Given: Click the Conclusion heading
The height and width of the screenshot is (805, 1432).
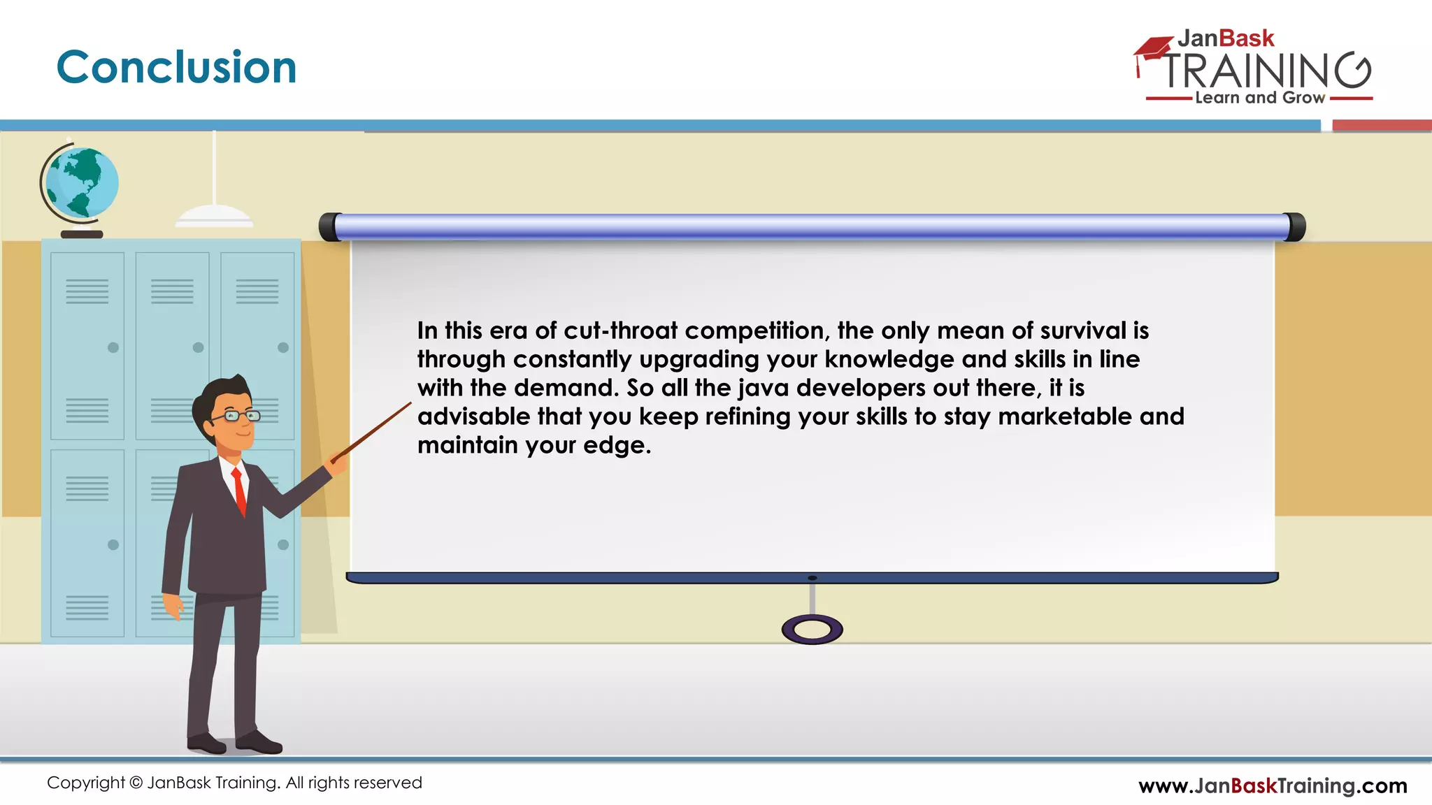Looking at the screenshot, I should (176, 68).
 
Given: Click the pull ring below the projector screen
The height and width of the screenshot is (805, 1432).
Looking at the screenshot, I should (812, 630).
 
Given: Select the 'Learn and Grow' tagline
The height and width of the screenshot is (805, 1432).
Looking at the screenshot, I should (1260, 98).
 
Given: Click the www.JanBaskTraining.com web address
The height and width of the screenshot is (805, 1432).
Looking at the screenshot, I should (1273, 785).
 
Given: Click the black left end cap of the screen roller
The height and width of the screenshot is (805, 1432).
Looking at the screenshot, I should (329, 227).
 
